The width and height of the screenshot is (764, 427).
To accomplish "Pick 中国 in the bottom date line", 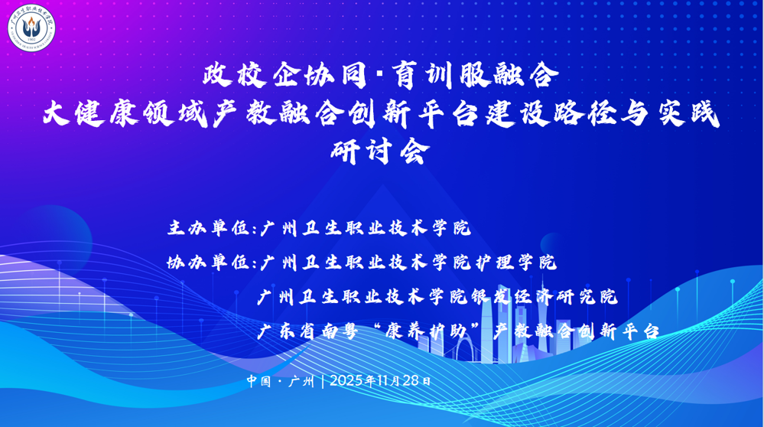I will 258,380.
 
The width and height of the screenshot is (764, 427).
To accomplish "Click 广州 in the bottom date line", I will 301,380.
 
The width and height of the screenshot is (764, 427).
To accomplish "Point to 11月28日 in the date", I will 402,380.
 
